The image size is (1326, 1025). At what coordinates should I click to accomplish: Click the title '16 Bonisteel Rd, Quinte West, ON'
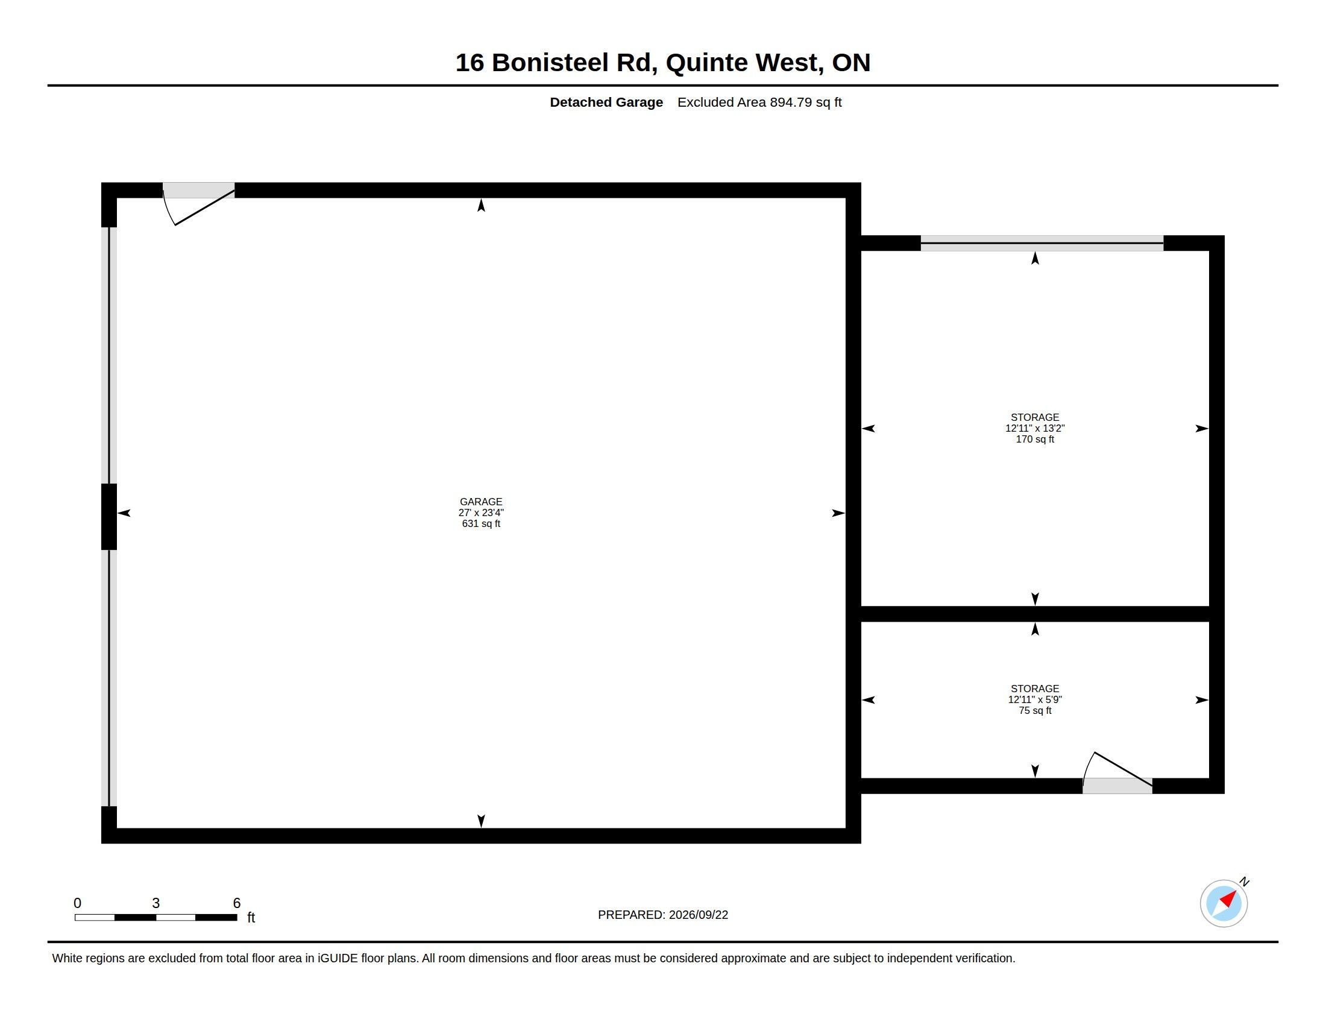click(662, 63)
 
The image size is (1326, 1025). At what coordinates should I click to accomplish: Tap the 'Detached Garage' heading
click(606, 102)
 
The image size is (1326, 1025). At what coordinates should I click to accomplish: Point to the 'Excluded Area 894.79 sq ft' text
click(759, 102)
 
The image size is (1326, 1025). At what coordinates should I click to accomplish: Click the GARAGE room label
click(481, 502)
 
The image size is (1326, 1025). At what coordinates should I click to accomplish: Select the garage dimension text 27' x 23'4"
click(481, 512)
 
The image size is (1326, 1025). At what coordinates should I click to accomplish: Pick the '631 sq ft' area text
click(481, 523)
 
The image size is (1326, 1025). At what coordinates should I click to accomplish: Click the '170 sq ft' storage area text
click(1034, 439)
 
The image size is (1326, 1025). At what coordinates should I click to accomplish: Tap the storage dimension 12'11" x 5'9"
click(1034, 699)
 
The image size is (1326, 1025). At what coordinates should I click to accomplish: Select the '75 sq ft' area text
click(1034, 710)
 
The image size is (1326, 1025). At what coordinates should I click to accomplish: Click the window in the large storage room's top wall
click(1042, 243)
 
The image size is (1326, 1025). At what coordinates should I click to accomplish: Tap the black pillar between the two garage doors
click(108, 517)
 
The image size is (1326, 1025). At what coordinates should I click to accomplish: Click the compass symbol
click(1224, 903)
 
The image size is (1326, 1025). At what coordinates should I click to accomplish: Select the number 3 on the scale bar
click(156, 903)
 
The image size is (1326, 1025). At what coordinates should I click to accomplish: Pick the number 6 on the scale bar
click(237, 903)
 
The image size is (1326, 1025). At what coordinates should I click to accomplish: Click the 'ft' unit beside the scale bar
click(251, 918)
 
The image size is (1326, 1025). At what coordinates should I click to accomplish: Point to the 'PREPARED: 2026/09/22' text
click(663, 915)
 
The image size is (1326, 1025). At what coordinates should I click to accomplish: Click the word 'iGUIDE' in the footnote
click(338, 958)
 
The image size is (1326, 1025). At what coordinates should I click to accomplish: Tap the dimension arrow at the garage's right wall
click(838, 513)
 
